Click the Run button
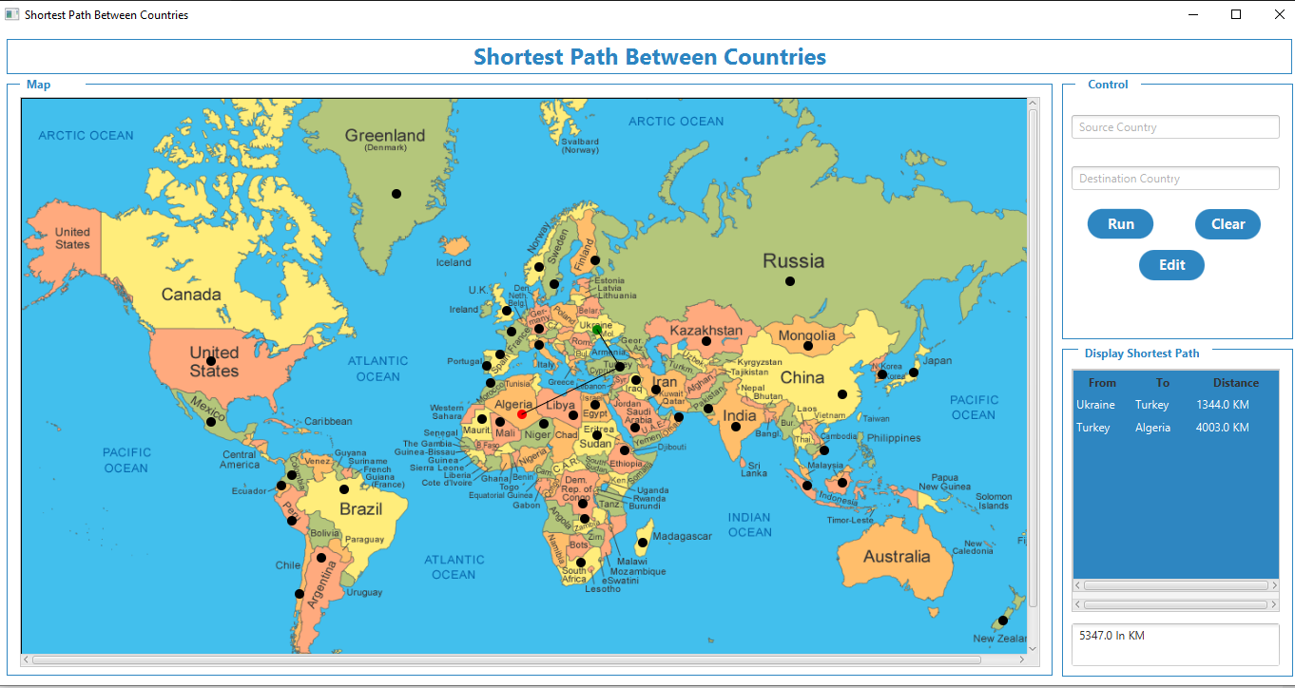tap(1120, 224)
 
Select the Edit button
tap(1171, 265)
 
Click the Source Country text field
tap(1175, 127)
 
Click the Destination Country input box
tap(1175, 179)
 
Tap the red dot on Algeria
tap(522, 415)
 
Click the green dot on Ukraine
tap(597, 330)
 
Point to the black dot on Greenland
tap(396, 194)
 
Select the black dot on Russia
tap(789, 281)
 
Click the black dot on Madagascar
tap(643, 543)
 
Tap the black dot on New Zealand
tap(1002, 621)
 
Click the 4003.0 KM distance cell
tap(1222, 428)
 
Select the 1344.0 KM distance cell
tap(1222, 405)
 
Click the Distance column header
tap(1235, 383)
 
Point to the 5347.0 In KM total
tap(1112, 636)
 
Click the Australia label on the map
tap(897, 557)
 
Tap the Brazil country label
tap(360, 509)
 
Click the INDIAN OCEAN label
tap(749, 525)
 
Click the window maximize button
tap(1236, 14)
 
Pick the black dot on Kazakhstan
tap(706, 341)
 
